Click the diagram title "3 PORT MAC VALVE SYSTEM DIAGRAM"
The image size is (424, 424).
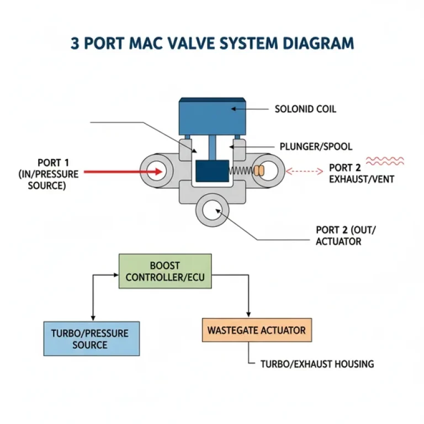click(212, 44)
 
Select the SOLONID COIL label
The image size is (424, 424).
click(305, 109)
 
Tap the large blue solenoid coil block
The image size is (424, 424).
click(213, 116)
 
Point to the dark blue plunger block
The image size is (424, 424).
click(213, 171)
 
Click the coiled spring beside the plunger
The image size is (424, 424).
click(241, 171)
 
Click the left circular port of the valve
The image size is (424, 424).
click(157, 171)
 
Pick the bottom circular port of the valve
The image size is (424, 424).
click(215, 210)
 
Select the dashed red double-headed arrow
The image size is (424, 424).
click(301, 171)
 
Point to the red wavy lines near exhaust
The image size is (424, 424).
click(385, 161)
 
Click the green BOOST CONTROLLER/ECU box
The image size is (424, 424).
click(165, 271)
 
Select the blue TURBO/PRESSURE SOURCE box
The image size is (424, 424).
click(92, 338)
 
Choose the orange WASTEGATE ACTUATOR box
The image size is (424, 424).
click(256, 331)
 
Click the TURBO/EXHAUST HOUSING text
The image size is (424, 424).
click(317, 364)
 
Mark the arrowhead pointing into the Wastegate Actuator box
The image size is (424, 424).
click(250, 315)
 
